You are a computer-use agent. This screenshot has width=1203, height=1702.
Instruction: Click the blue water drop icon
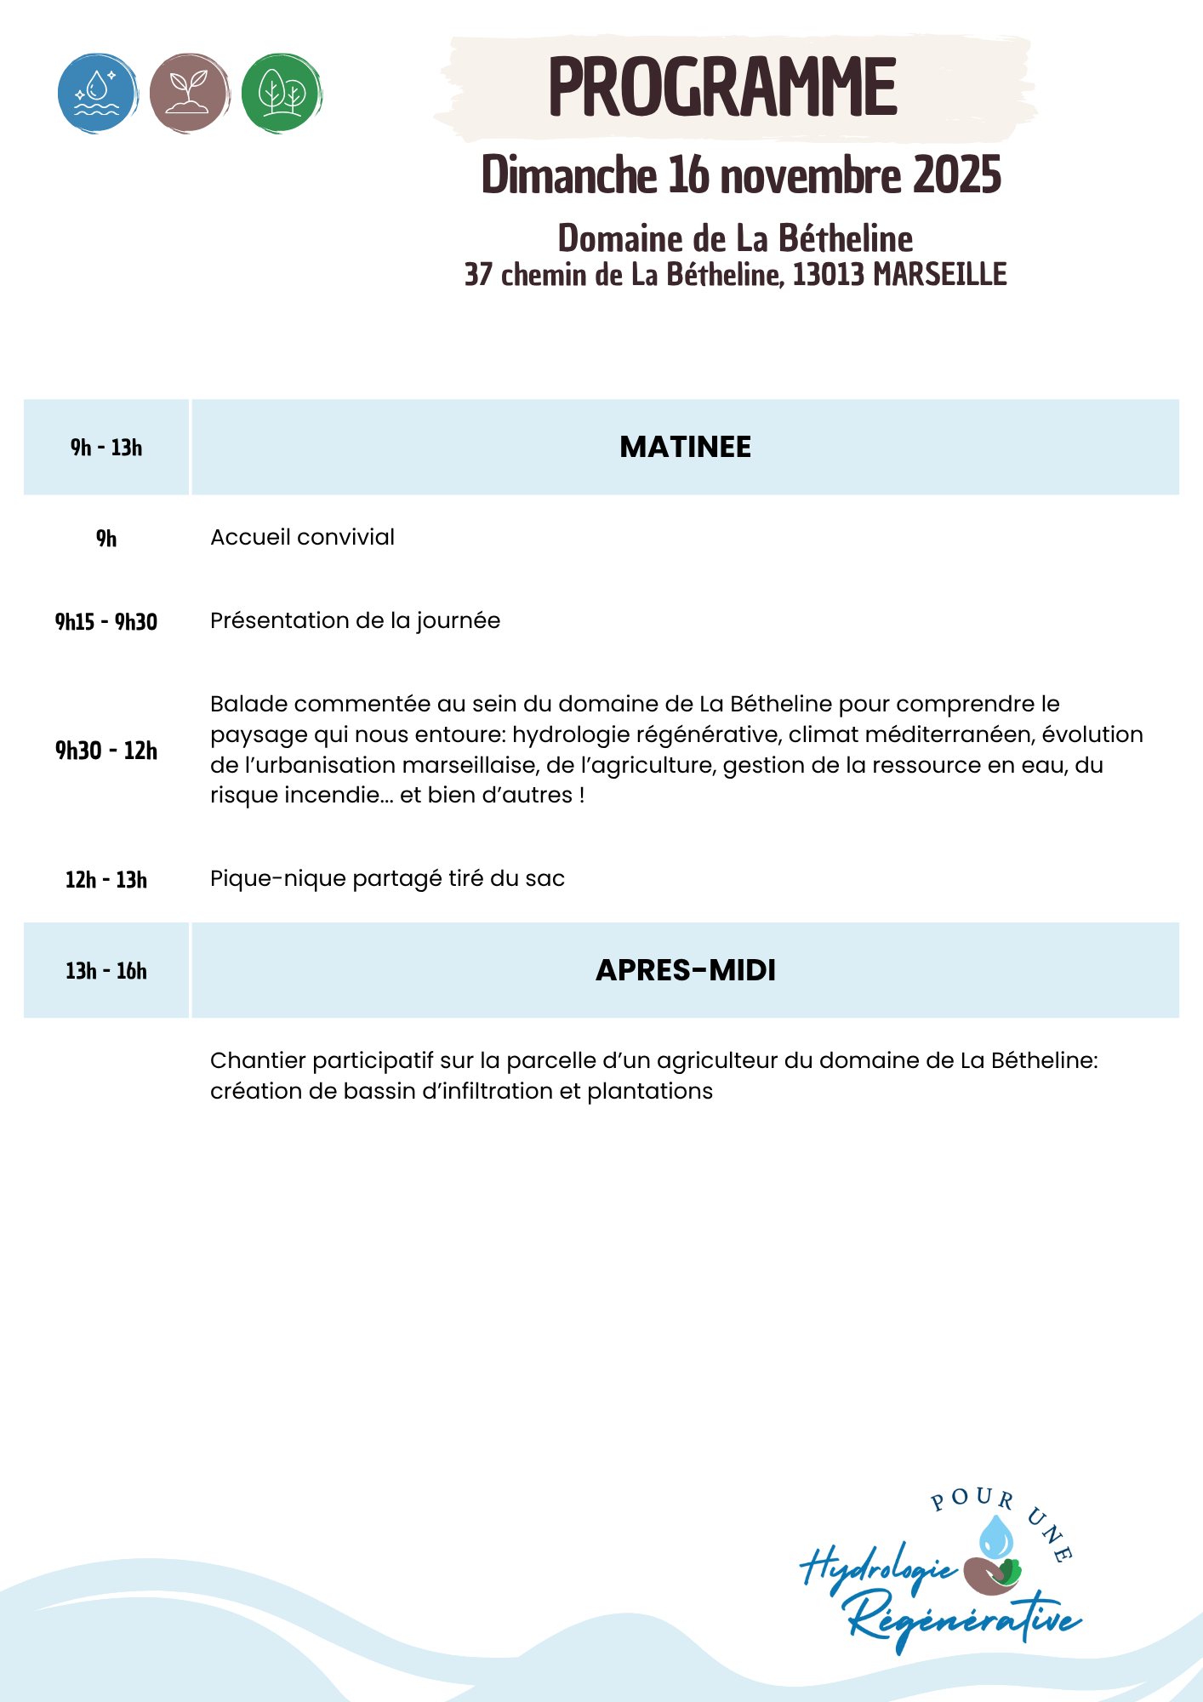[98, 93]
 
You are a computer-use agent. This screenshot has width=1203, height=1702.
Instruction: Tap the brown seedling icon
[189, 93]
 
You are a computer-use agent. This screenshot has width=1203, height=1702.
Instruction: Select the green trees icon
[281, 93]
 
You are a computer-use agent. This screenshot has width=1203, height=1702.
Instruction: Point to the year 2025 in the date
[957, 175]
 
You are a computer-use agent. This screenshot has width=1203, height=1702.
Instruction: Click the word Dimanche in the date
[569, 175]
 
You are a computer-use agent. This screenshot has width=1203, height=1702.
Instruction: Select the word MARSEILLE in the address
[940, 275]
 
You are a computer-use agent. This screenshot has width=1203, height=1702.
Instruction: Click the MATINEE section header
[685, 447]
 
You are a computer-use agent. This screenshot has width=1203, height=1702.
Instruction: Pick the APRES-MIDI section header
[685, 970]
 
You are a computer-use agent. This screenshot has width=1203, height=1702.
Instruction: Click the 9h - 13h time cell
[106, 448]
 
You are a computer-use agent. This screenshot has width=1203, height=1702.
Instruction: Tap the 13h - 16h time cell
[106, 971]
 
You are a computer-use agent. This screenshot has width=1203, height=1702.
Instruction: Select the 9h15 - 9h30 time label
[106, 622]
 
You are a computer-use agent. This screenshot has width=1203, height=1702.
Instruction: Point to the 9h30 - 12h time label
[106, 751]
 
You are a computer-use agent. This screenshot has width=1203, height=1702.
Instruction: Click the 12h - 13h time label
[106, 880]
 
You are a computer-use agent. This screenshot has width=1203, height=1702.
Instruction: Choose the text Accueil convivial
[302, 537]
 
